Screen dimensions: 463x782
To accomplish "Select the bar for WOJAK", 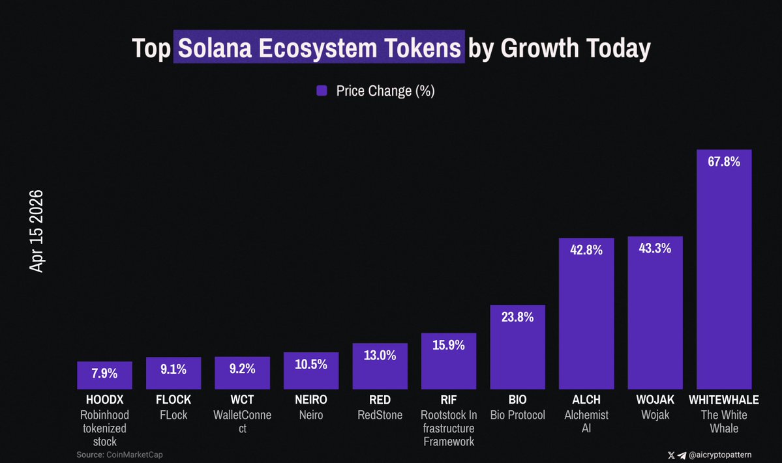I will (655, 313).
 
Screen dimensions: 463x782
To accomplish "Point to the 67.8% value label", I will (724, 162).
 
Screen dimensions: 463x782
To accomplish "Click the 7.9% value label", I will (104, 374).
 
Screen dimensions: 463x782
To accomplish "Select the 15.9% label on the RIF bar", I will (449, 345).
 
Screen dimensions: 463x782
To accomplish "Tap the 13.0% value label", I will (380, 356).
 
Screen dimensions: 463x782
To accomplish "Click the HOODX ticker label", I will (104, 400).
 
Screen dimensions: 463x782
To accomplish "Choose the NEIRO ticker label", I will (311, 400).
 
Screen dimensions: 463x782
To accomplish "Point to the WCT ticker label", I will (242, 400).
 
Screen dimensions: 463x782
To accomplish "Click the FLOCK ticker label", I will (173, 400).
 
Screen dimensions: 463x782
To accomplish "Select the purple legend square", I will (322, 91).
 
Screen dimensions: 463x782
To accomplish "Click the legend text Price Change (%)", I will (385, 91).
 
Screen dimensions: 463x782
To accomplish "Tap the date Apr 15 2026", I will (37, 231).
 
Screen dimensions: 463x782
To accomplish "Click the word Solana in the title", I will (218, 48).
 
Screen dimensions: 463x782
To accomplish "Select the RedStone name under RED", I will (380, 415).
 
